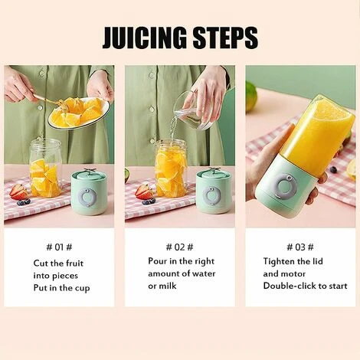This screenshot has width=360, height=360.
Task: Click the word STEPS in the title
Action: tap(223, 37)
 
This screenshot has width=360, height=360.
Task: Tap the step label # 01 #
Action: tap(59, 247)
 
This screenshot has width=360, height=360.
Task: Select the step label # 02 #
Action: tap(179, 247)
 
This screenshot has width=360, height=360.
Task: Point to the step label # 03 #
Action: tap(300, 247)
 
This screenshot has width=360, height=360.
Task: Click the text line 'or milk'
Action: tap(162, 286)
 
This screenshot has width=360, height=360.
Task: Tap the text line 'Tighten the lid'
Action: tap(292, 261)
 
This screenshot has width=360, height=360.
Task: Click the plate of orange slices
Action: tap(78, 113)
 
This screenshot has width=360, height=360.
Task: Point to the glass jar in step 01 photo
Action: tap(45, 168)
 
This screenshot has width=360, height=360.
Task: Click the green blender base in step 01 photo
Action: tap(88, 192)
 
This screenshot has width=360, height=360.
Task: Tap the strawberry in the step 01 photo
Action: tap(17, 191)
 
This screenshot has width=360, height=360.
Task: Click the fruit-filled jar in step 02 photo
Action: tap(170, 169)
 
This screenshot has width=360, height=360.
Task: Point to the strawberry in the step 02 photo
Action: tap(142, 191)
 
